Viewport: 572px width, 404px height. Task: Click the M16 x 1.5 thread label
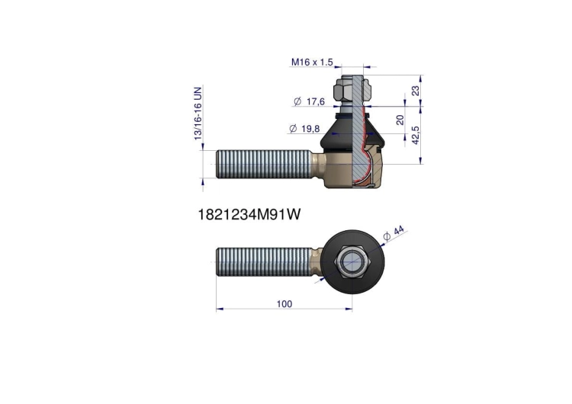tap(312, 63)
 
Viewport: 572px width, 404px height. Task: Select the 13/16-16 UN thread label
tap(198, 114)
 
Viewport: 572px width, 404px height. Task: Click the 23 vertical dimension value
tap(416, 91)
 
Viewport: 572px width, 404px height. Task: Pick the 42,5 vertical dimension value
tap(416, 135)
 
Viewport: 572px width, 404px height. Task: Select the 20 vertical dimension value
tap(400, 120)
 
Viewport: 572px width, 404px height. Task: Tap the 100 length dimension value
tap(284, 303)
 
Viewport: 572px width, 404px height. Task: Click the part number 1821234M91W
tap(249, 214)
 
